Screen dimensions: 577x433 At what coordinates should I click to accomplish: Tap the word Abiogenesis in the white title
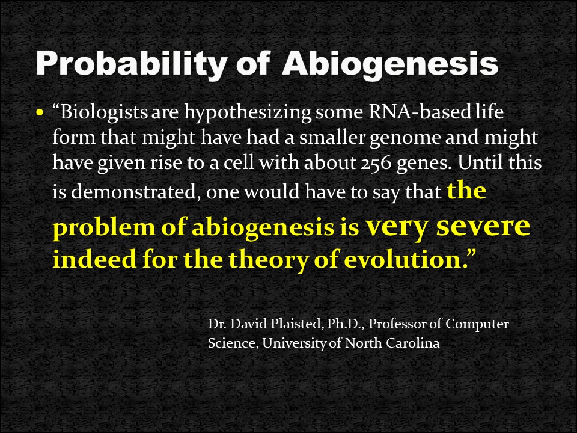tap(391, 63)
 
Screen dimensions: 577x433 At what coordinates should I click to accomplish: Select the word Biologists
tap(104, 112)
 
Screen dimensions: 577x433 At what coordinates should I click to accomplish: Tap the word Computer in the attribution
tap(477, 324)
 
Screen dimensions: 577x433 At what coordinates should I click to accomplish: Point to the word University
tap(294, 343)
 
